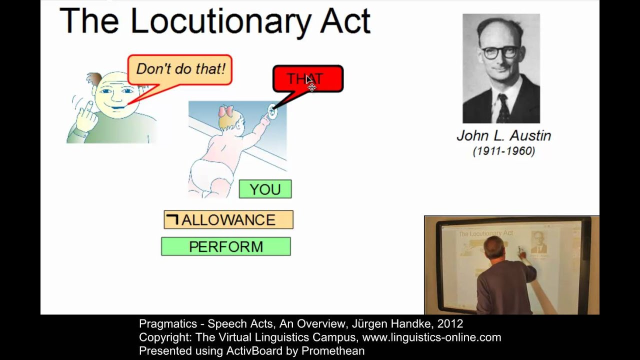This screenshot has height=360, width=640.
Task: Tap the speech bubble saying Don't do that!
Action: point(180,69)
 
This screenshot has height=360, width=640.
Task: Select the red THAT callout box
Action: point(307,78)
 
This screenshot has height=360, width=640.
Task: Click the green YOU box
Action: point(265,189)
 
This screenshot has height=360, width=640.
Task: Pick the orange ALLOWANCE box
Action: point(228,220)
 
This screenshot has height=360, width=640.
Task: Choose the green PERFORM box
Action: point(225,246)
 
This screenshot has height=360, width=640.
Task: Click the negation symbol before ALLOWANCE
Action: point(172,219)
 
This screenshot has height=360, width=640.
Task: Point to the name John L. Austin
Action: point(503,135)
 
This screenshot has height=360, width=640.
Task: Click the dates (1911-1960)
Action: point(503,151)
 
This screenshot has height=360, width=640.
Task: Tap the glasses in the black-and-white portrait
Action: point(499,51)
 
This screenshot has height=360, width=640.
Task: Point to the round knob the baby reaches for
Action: point(272,111)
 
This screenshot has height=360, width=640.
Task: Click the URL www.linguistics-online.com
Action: point(431,337)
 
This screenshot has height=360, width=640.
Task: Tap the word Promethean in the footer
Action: point(333,351)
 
